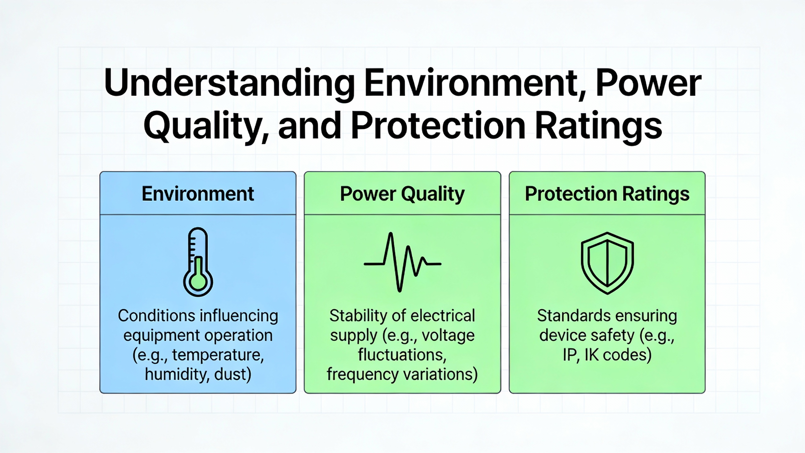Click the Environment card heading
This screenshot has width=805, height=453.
[198, 193]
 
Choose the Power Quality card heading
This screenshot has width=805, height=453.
[402, 194]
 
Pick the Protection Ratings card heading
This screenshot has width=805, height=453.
[607, 194]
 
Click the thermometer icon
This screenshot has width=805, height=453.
[198, 262]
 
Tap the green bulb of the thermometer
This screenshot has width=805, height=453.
[198, 281]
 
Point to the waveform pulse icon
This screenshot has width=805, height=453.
[402, 262]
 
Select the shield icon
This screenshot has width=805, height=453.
[607, 263]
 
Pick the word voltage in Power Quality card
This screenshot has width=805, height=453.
[448, 336]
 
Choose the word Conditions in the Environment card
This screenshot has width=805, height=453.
[157, 316]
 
